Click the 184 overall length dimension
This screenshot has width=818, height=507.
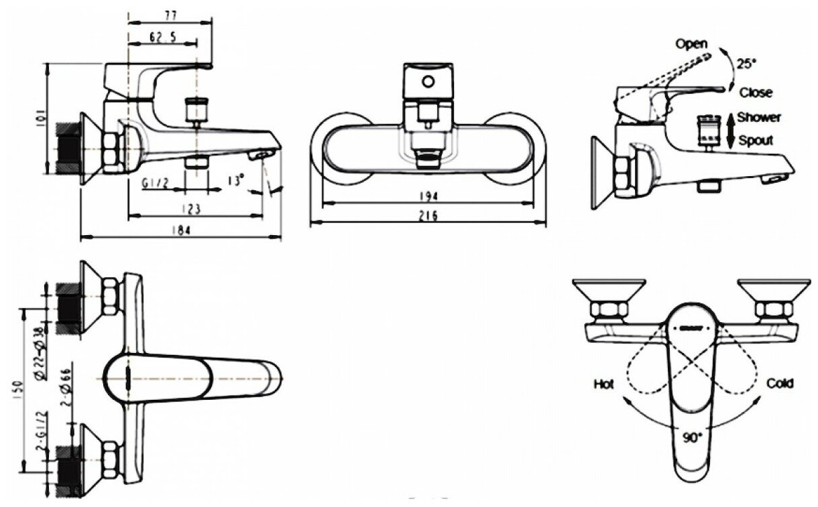[x=181, y=230]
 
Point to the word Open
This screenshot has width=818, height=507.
[x=691, y=44]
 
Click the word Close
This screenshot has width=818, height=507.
[x=756, y=92]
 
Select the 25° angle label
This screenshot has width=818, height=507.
[x=746, y=64]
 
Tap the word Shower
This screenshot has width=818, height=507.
[x=759, y=117]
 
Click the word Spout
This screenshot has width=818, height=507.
[x=755, y=141]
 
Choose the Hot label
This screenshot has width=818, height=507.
[x=603, y=384]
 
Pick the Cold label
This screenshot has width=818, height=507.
[x=780, y=383]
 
